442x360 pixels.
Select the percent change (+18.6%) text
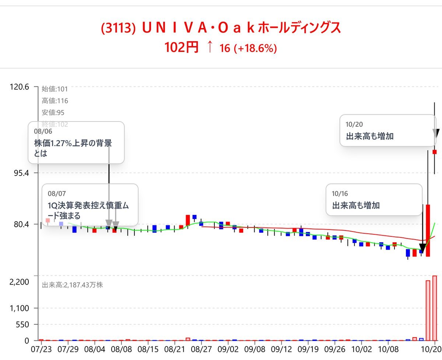click(x=255, y=48)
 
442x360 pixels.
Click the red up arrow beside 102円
click(x=209, y=47)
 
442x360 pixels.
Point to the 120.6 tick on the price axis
click(x=18, y=87)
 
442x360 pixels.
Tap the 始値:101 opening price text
click(x=55, y=89)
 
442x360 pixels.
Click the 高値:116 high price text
click(x=55, y=101)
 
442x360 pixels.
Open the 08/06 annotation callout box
click(x=76, y=142)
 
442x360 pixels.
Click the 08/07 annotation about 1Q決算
click(x=90, y=205)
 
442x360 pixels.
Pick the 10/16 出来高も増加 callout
click(x=374, y=200)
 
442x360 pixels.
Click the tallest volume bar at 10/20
click(x=435, y=308)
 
